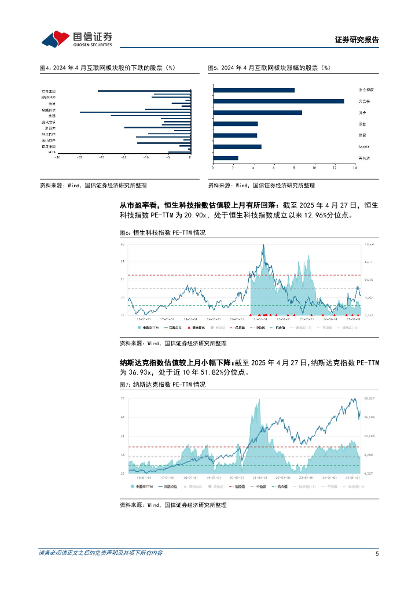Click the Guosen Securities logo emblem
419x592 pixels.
(56, 39)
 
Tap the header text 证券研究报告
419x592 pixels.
(356, 40)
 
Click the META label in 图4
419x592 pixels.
(53, 152)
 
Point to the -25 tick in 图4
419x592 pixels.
(79, 157)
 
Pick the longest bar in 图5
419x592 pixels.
(278, 101)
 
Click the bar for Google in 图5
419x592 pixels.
(237, 147)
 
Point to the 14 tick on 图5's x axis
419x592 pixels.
(355, 168)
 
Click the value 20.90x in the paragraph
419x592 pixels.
(199, 215)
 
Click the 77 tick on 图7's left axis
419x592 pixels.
(123, 399)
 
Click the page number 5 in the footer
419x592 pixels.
(377, 553)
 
